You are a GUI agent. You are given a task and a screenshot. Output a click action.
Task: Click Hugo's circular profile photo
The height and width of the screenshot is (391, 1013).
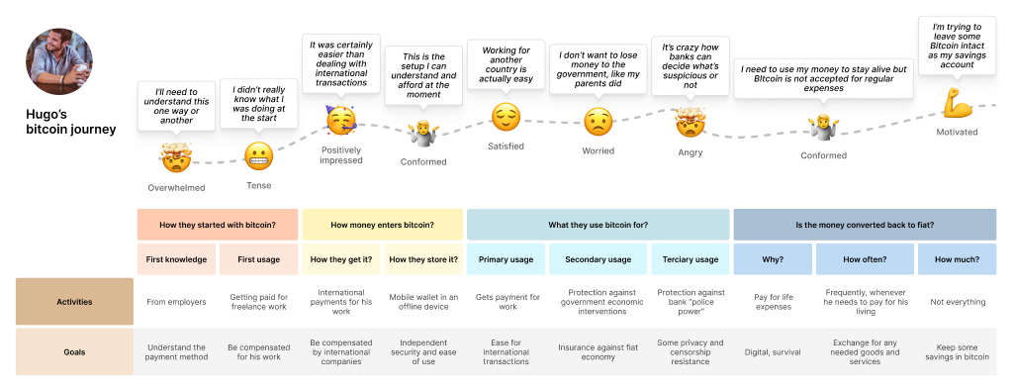[59, 61]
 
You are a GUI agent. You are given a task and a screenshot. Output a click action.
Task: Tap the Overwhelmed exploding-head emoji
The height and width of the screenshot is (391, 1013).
[175, 156]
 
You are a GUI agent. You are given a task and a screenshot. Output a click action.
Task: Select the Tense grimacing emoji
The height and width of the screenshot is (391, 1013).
[258, 155]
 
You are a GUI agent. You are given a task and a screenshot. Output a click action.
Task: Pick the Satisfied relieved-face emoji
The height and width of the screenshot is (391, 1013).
[506, 118]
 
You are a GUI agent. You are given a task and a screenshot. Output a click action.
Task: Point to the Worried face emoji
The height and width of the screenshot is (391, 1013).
[598, 122]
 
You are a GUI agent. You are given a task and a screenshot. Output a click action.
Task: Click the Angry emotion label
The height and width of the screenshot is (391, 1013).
[690, 151]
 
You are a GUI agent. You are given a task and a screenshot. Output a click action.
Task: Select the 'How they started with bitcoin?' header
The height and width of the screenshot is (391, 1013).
[217, 225]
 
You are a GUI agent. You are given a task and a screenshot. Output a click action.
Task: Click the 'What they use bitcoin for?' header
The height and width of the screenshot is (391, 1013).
[598, 225]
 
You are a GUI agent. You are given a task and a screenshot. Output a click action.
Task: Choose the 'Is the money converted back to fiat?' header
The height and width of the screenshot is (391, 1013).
[864, 225]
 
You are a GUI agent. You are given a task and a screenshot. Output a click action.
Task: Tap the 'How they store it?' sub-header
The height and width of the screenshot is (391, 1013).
[422, 259]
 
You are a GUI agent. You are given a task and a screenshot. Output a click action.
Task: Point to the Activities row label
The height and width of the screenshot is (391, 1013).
[74, 302]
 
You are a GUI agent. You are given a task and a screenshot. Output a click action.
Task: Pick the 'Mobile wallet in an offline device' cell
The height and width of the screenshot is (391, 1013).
[422, 302]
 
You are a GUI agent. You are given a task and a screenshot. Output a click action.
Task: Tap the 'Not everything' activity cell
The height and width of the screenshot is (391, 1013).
[958, 302]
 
